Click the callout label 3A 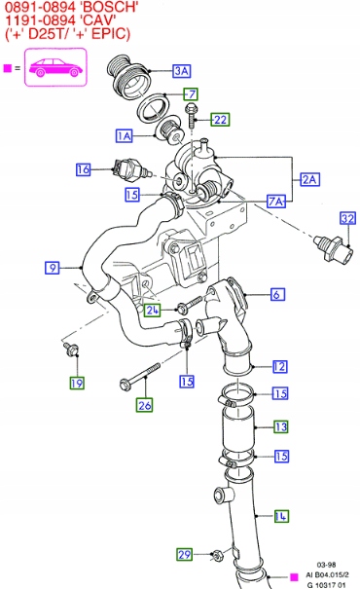pos(182,71)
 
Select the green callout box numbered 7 pos(191,93)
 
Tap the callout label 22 pos(220,120)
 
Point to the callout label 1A pos(124,135)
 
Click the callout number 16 pos(84,169)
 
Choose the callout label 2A pos(309,179)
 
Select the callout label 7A pos(276,202)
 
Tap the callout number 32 pos(347,218)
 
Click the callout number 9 pos(53,268)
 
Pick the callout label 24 pos(152,310)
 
